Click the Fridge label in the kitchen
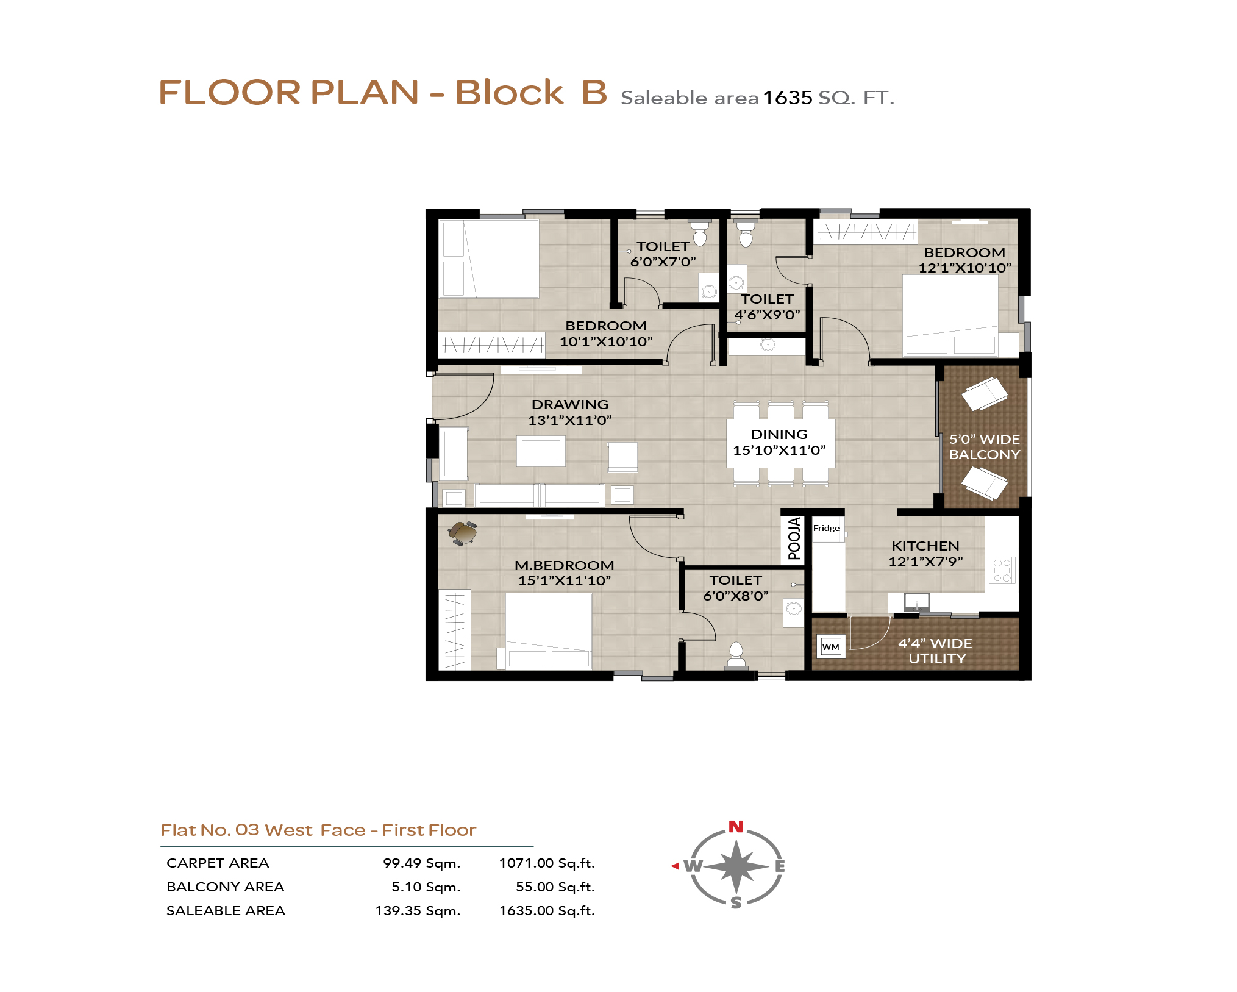pos(826,528)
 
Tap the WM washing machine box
pos(830,646)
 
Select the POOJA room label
pos(794,538)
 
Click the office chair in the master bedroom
pos(463,532)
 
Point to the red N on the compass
pos(736,827)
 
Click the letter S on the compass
pos(736,902)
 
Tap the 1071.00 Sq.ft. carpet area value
pos(547,863)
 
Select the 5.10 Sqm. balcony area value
pos(426,887)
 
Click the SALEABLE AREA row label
pos(226,910)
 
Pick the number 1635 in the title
pos(788,98)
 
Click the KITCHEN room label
pos(925,546)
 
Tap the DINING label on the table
pos(779,434)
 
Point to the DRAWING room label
pos(570,404)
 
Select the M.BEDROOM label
pos(565,565)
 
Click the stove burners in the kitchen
pos(1002,571)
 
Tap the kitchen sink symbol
pos(916,602)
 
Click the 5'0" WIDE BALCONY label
pos(985,447)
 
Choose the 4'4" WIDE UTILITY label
pos(936,651)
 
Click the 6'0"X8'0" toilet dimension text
pos(736,596)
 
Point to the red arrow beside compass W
pos(675,866)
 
